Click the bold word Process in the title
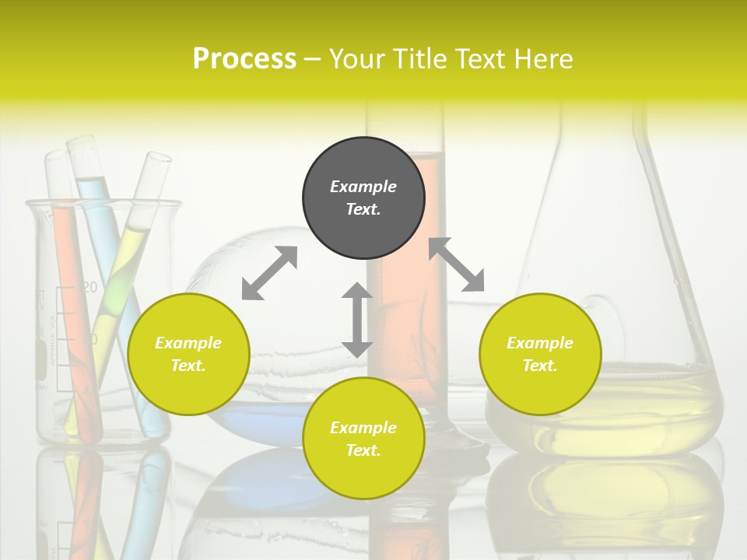click(244, 59)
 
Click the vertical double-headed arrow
click(357, 320)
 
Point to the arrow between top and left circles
click(269, 273)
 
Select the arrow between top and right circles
click(457, 264)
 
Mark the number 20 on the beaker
click(89, 288)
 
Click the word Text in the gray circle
click(363, 209)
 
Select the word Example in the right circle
click(540, 343)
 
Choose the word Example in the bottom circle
click(363, 428)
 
